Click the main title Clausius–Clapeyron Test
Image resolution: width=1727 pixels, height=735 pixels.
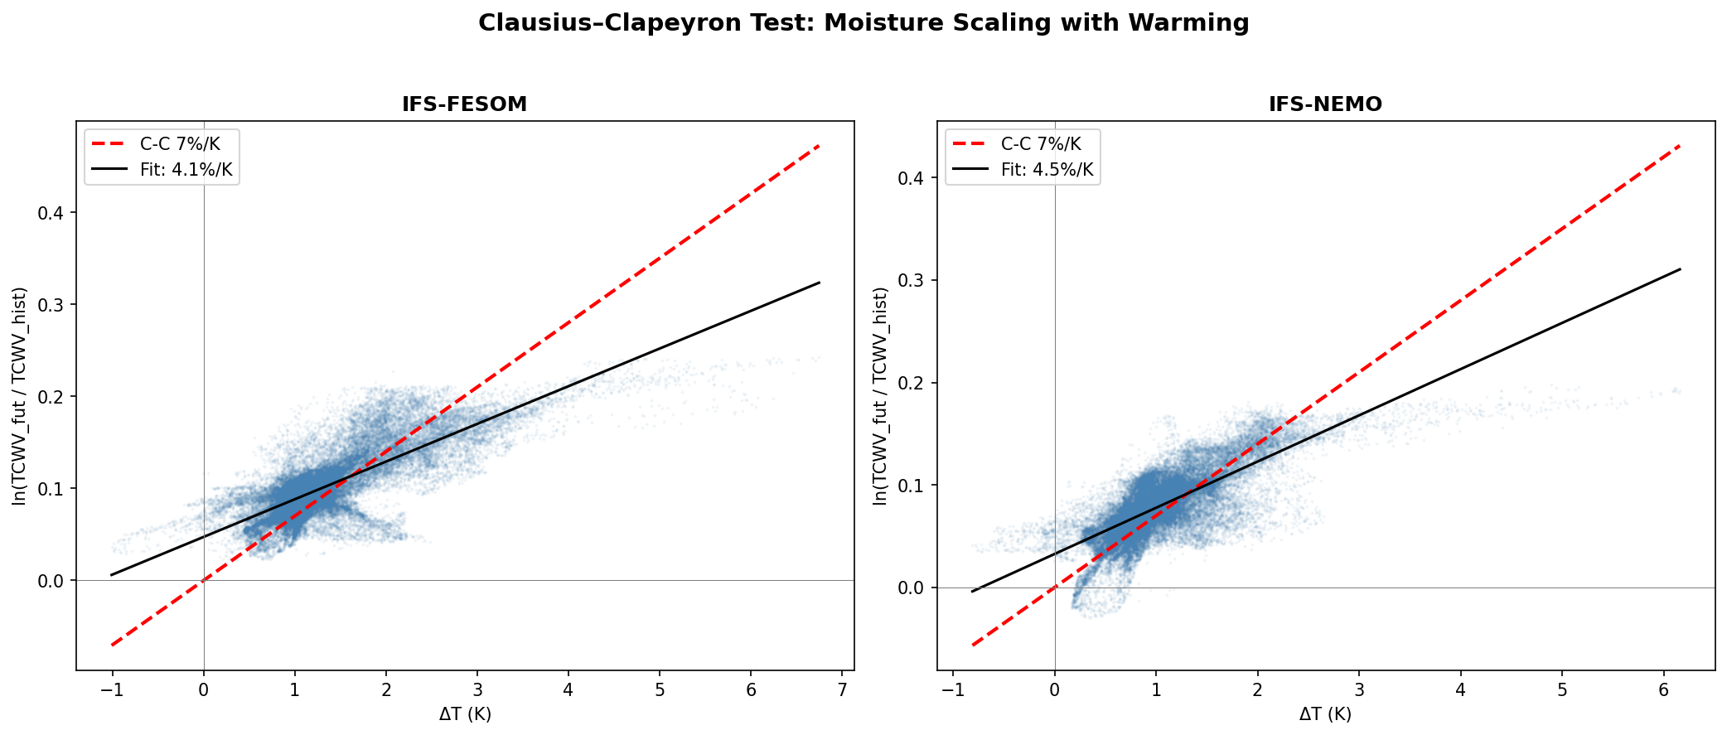click(863, 23)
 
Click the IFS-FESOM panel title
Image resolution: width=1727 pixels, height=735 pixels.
click(464, 104)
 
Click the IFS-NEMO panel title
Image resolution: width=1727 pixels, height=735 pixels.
click(1325, 104)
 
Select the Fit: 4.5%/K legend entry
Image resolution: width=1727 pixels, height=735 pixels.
click(1047, 170)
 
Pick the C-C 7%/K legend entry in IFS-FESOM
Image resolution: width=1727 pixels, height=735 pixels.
click(180, 144)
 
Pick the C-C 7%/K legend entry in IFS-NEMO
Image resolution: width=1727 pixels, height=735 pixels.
click(1041, 144)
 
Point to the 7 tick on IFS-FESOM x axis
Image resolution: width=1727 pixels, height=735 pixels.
click(842, 689)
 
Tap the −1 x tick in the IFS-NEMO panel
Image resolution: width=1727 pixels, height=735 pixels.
click(953, 689)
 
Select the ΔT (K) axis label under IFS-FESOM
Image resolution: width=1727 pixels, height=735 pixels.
click(465, 714)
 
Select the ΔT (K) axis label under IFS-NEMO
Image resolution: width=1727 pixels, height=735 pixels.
click(1325, 714)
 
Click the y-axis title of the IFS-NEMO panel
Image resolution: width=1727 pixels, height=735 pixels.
click(880, 396)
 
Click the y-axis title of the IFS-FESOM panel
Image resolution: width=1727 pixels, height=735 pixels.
click(20, 396)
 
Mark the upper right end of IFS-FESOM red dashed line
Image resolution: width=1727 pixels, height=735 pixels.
click(819, 146)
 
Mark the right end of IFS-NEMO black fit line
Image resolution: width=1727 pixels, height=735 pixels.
click(1680, 268)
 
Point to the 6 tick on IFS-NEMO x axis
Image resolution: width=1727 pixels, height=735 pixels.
click(1663, 689)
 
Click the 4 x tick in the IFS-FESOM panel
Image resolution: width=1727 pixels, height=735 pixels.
click(568, 689)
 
